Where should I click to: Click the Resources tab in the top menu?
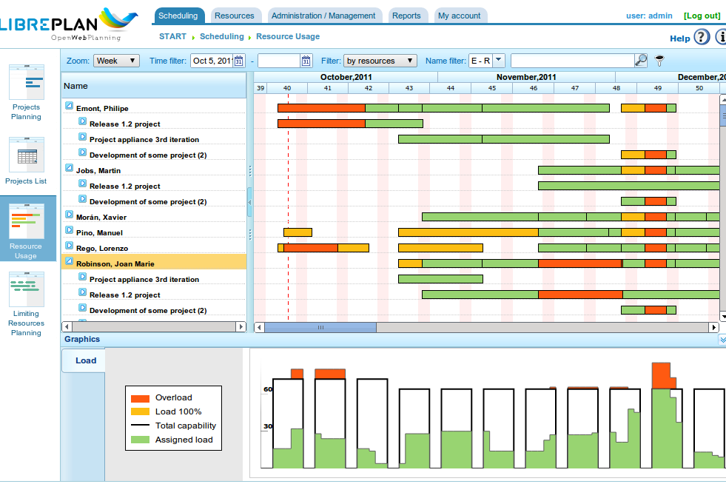(x=234, y=16)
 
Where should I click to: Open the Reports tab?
(x=406, y=16)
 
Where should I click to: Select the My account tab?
(x=459, y=16)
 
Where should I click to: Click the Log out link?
(x=702, y=16)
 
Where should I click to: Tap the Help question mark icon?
(x=702, y=36)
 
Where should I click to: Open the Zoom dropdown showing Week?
(x=116, y=61)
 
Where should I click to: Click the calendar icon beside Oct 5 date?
(x=239, y=61)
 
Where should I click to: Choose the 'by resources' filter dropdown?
(x=380, y=61)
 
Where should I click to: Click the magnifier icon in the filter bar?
(x=642, y=60)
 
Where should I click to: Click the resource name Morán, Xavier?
(x=101, y=218)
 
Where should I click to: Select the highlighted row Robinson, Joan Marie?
(x=115, y=264)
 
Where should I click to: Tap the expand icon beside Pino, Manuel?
(x=69, y=230)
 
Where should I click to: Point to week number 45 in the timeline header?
(x=491, y=88)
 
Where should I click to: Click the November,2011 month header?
(x=526, y=77)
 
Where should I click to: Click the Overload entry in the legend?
(x=173, y=398)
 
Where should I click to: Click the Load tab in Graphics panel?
(x=86, y=360)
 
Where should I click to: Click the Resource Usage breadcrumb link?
(x=288, y=36)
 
